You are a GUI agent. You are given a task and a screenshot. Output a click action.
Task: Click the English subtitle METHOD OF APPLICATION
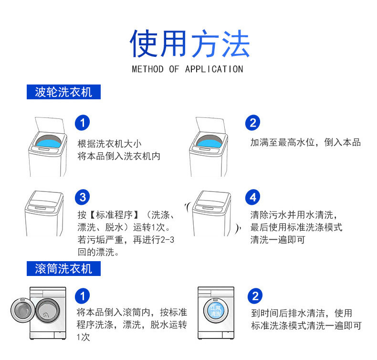tap(188, 69)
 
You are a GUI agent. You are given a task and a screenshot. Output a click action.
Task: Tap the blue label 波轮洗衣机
tap(63, 92)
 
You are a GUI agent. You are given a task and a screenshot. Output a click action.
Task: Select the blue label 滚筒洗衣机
tap(63, 269)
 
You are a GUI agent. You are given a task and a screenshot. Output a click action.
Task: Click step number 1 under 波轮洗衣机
tap(83, 123)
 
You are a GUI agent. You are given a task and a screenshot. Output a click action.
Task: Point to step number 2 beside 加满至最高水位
tap(253, 123)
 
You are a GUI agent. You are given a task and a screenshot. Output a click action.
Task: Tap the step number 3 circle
tap(83, 197)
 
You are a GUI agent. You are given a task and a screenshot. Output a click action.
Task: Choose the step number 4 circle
tap(253, 197)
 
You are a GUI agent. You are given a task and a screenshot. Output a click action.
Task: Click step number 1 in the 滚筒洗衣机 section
tap(83, 296)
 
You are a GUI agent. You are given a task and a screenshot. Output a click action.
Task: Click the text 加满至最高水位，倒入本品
tap(305, 142)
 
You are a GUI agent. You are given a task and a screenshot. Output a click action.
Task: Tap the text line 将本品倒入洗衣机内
tap(119, 156)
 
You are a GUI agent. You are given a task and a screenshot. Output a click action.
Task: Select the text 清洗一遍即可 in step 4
tap(277, 240)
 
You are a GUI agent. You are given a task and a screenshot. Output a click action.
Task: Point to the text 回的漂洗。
tap(98, 252)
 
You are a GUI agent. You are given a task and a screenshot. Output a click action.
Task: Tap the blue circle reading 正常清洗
tap(216, 311)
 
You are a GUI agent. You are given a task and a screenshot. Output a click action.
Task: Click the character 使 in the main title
tap(144, 44)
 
